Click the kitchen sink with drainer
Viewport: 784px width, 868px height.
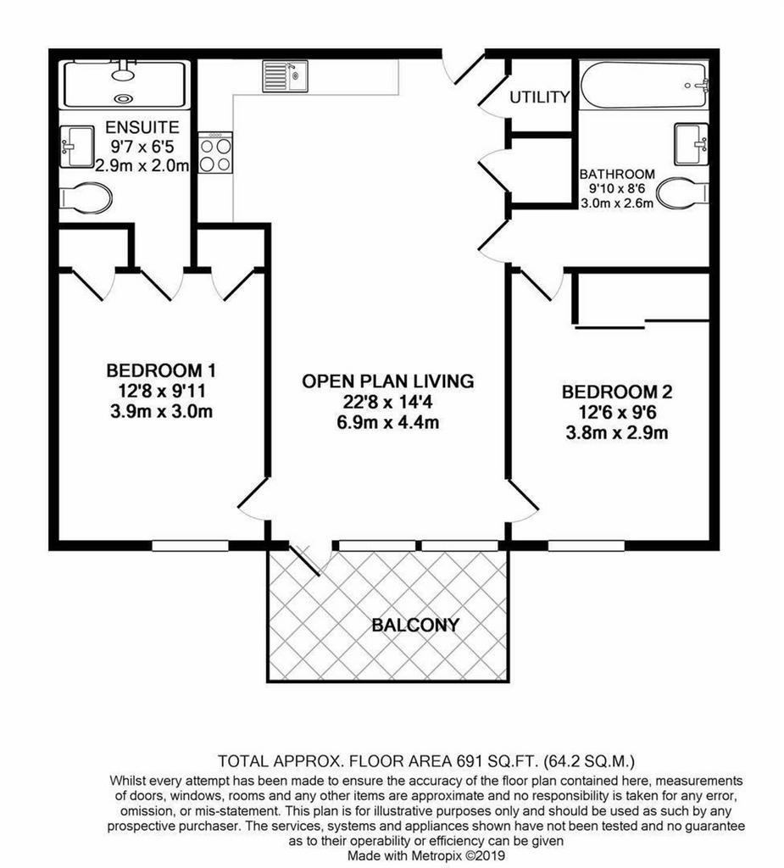point(285,75)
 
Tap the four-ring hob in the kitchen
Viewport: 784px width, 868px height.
point(215,153)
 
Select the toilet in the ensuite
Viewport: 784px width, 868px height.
point(85,198)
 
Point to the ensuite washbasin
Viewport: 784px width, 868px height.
point(76,147)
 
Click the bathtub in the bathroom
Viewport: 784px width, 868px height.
point(644,85)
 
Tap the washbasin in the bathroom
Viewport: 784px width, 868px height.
point(692,144)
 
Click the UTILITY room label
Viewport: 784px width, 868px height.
point(539,97)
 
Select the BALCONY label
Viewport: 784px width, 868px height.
point(415,625)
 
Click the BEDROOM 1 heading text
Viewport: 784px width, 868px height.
point(161,370)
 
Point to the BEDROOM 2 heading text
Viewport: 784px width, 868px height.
point(617,392)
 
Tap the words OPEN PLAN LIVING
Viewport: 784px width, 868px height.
point(388,381)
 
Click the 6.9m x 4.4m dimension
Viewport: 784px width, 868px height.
point(388,422)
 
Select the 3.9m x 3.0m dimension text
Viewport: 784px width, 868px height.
point(162,411)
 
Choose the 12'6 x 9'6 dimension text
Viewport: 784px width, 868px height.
point(617,413)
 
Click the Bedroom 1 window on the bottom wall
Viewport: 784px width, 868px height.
point(190,546)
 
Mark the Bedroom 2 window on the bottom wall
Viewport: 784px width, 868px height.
point(587,546)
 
